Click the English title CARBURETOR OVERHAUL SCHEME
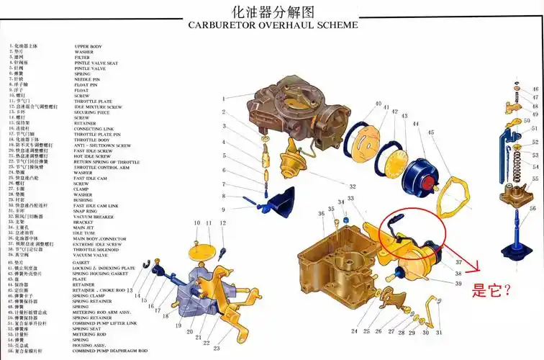click(272, 24)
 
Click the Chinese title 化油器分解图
click(273, 11)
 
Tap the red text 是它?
click(491, 291)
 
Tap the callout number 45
click(430, 132)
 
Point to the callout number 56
click(532, 209)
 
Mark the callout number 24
click(354, 332)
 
